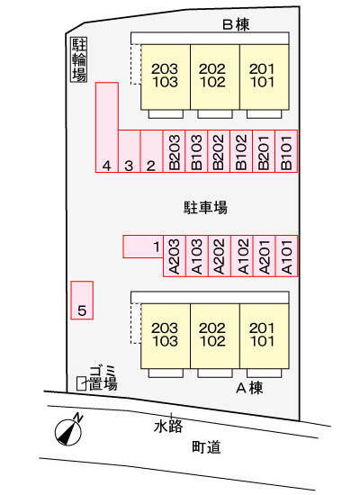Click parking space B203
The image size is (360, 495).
[x=174, y=151]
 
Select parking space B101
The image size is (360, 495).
[x=286, y=151]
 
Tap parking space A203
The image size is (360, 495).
[x=175, y=256]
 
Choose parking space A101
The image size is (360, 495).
[x=287, y=256]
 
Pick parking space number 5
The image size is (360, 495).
[x=82, y=301]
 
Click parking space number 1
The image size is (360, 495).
[x=143, y=247]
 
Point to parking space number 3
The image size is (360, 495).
[x=130, y=151]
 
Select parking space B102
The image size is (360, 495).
[x=241, y=151]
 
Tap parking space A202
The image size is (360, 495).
[x=220, y=256]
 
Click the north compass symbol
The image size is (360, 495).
[x=68, y=431]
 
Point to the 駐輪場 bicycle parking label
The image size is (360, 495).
[x=78, y=60]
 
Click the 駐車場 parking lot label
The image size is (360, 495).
[x=205, y=207]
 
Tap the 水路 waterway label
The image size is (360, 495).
[x=168, y=427]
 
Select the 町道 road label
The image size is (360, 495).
[x=206, y=447]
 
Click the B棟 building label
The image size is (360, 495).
[x=236, y=24]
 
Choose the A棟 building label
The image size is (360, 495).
[x=249, y=388]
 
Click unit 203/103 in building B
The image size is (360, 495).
[x=166, y=77]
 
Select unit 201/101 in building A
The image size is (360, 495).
[x=265, y=336]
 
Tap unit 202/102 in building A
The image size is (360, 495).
[x=215, y=336]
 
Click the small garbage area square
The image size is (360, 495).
[x=82, y=383]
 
